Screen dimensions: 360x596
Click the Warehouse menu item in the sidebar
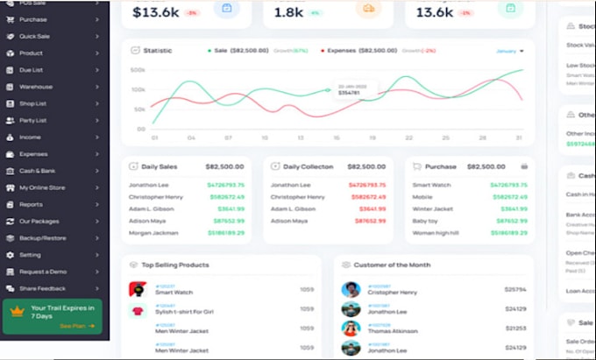coord(37,87)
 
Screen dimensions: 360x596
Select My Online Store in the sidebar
coord(42,187)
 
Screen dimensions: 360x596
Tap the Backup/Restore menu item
coord(41,237)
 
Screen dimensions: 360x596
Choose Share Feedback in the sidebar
coord(42,288)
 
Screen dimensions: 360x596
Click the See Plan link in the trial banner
coord(71,325)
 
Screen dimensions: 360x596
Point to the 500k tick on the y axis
coord(138,70)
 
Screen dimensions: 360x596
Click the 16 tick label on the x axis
coord(337,138)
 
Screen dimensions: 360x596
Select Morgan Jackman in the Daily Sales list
coord(153,233)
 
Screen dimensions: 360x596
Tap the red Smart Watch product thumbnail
coord(137,289)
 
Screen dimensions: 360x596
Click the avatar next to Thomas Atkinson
coord(351,328)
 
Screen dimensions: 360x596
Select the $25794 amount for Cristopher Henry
coord(515,289)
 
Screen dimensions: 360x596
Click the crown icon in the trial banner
coord(17,311)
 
